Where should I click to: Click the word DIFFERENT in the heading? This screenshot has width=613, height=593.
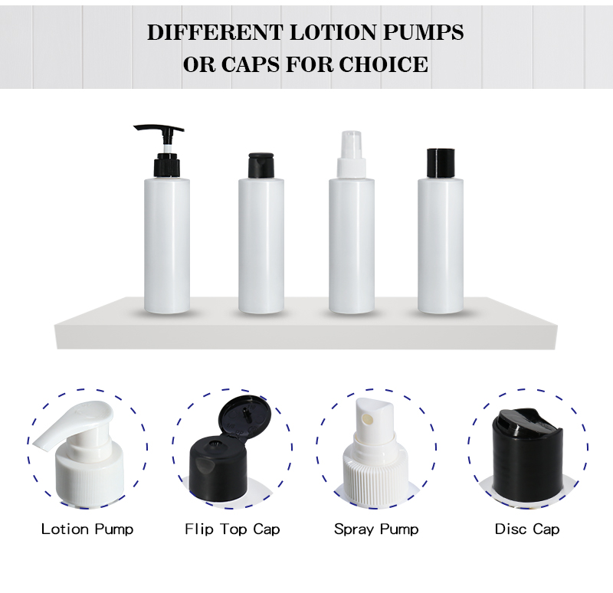[x=205, y=33]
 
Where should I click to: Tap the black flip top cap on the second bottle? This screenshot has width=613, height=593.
[x=261, y=164]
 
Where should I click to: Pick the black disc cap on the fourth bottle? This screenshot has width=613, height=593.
[x=441, y=161]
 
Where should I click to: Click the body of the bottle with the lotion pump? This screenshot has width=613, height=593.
[x=167, y=245]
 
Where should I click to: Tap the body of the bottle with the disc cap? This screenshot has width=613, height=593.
[x=441, y=245]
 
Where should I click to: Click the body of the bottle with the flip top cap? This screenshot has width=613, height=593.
[x=261, y=245]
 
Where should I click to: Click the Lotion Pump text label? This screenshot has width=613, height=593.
[x=87, y=529]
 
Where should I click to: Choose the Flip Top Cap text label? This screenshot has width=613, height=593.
[x=232, y=529]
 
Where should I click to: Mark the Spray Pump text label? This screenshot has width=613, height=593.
[x=375, y=529]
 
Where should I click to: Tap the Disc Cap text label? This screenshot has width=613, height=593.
[x=526, y=529]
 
